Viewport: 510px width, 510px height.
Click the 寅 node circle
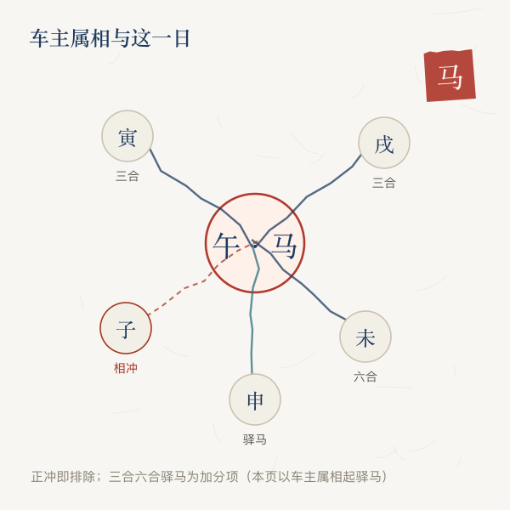click(127, 136)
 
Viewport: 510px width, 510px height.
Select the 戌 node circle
click(384, 143)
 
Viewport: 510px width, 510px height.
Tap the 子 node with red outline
click(126, 328)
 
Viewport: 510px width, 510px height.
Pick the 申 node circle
click(255, 399)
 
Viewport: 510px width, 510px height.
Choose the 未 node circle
click(365, 337)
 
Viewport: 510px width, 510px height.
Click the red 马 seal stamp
click(450, 76)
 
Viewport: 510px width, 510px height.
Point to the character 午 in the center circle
click(226, 246)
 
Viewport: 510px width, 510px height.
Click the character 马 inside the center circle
click(284, 246)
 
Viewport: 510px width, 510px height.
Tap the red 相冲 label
click(126, 368)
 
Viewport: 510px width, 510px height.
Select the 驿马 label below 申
click(255, 439)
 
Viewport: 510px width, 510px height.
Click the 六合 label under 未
click(365, 377)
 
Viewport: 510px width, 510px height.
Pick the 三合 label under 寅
click(127, 176)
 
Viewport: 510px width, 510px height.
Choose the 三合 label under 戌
click(384, 183)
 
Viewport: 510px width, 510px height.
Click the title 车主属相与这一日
click(110, 38)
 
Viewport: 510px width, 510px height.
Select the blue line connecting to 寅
click(201, 198)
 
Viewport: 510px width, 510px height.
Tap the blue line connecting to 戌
click(307, 197)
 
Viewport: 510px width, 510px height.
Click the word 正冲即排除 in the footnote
click(63, 477)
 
